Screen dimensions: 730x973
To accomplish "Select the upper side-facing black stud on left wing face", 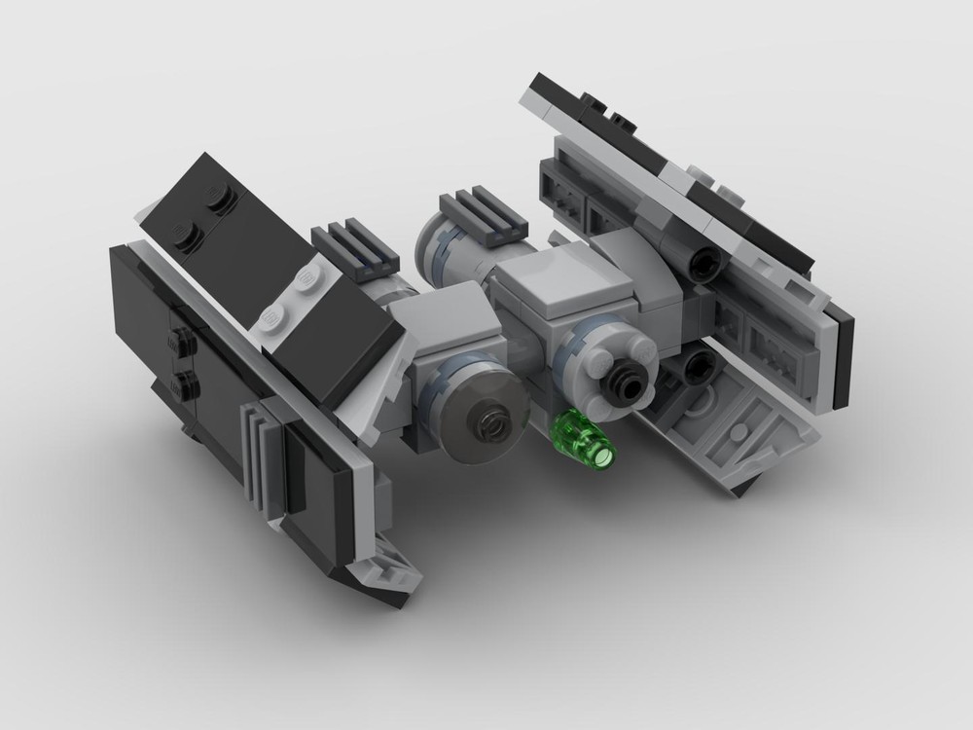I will (x=181, y=342).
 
